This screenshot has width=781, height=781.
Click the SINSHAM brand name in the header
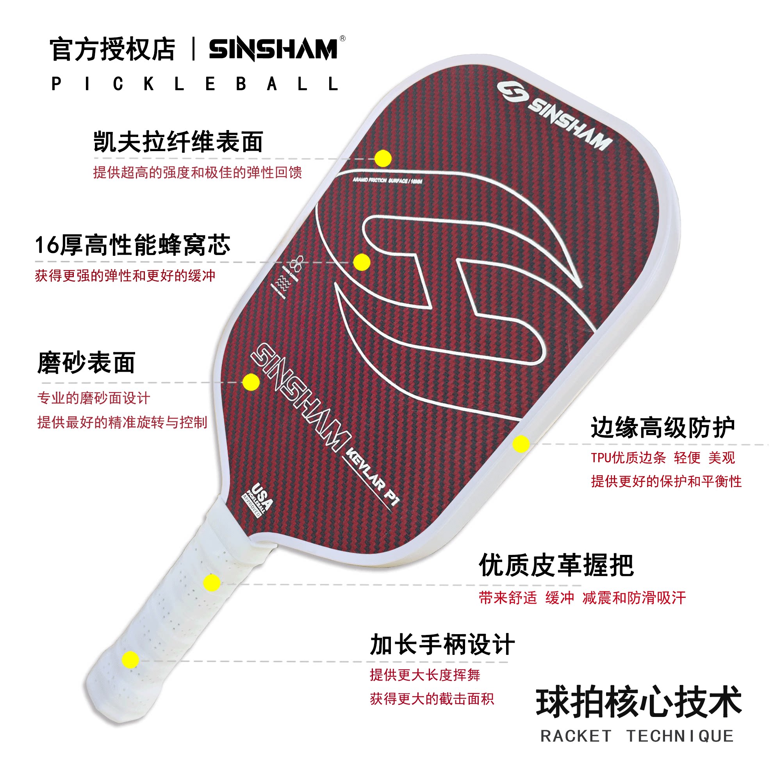coord(273,49)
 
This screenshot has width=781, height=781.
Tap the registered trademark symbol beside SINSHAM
coord(342,39)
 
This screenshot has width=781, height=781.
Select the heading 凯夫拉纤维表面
coord(178,142)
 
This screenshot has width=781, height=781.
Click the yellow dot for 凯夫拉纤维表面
coord(382,159)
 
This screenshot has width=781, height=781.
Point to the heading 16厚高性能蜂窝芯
coord(133,245)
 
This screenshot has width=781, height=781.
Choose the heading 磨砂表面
coord(86,363)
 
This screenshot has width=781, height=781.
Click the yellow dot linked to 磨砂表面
coord(251,382)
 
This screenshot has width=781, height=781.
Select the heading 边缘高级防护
coord(662,427)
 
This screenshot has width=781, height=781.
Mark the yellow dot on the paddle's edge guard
coord(521,444)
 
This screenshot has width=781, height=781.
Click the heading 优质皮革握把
coord(556,565)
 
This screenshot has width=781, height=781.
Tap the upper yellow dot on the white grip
coord(212,583)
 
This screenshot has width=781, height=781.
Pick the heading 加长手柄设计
coord(442,644)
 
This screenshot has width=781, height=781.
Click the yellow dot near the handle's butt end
coord(130,660)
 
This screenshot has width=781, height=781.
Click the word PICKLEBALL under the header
coord(195,84)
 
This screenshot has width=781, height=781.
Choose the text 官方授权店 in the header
coord(112,49)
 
